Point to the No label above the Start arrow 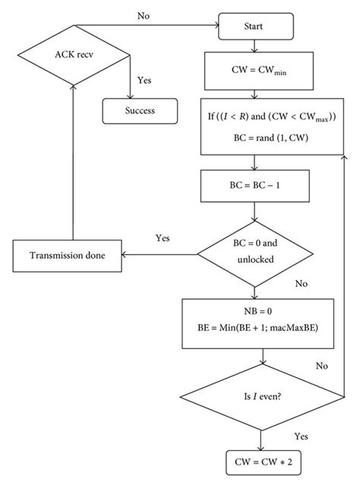[x=143, y=16]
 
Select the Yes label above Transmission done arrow [x=163, y=238]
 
